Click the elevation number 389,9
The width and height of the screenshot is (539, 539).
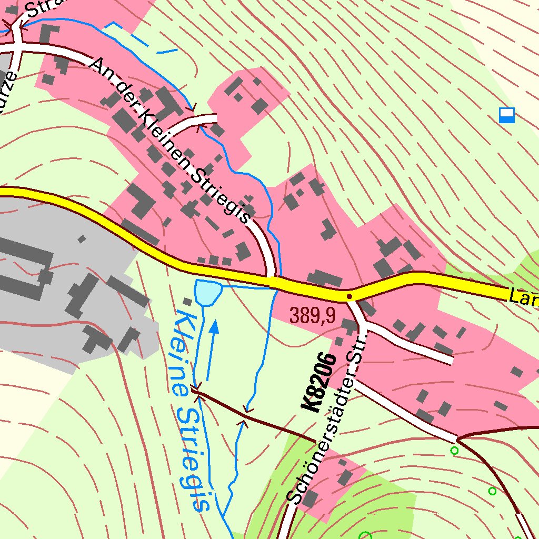(312, 315)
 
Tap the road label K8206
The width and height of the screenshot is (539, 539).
(319, 383)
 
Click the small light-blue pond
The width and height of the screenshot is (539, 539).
(207, 292)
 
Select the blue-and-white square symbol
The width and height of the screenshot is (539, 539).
(506, 115)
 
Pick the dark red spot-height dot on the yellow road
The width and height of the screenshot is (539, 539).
(349, 296)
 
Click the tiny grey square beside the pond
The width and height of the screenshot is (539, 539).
(187, 301)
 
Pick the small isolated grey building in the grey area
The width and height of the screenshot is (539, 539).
(82, 239)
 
